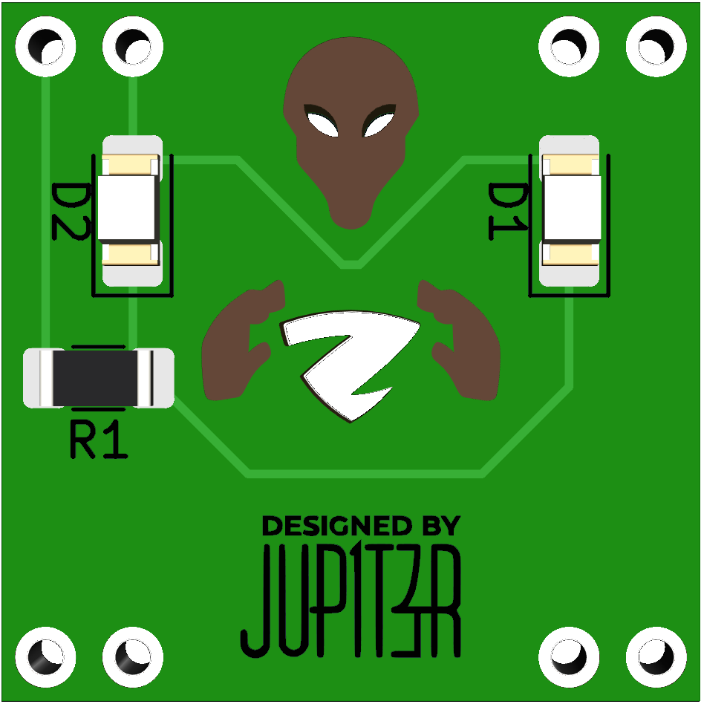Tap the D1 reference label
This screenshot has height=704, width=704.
506,212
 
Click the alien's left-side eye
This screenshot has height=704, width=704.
323,123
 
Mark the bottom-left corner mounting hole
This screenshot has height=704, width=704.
46,657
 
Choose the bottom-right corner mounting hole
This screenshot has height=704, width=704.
656,657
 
